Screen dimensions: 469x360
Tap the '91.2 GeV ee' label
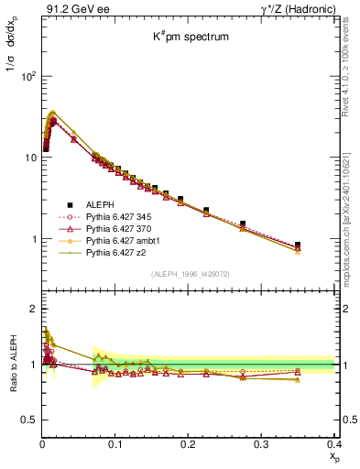[x=70, y=9]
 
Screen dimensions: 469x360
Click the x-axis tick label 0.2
[x=188, y=444]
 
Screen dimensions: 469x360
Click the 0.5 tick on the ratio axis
[x=30, y=420]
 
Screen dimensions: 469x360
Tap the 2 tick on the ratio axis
[x=34, y=309]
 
